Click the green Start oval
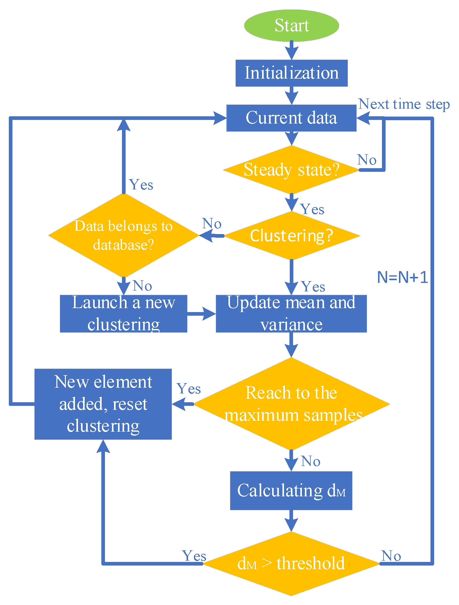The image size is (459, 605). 291,25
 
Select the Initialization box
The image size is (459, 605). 291,73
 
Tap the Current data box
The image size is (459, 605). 291,118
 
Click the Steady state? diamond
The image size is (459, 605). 291,170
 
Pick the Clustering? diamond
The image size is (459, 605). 291,236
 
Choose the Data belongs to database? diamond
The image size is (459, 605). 123,235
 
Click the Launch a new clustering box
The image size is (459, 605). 123,313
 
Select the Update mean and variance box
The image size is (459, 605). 291,313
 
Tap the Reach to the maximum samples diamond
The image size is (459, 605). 291,404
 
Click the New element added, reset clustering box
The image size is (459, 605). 103,404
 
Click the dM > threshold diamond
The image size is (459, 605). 291,563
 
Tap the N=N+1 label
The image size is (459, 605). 402,277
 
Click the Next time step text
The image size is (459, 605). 404,104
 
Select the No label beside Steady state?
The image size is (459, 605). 367,160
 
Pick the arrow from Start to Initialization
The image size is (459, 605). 292,50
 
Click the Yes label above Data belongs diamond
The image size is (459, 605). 141,185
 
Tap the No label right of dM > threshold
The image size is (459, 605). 391,556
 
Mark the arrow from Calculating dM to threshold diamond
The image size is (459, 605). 291,521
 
